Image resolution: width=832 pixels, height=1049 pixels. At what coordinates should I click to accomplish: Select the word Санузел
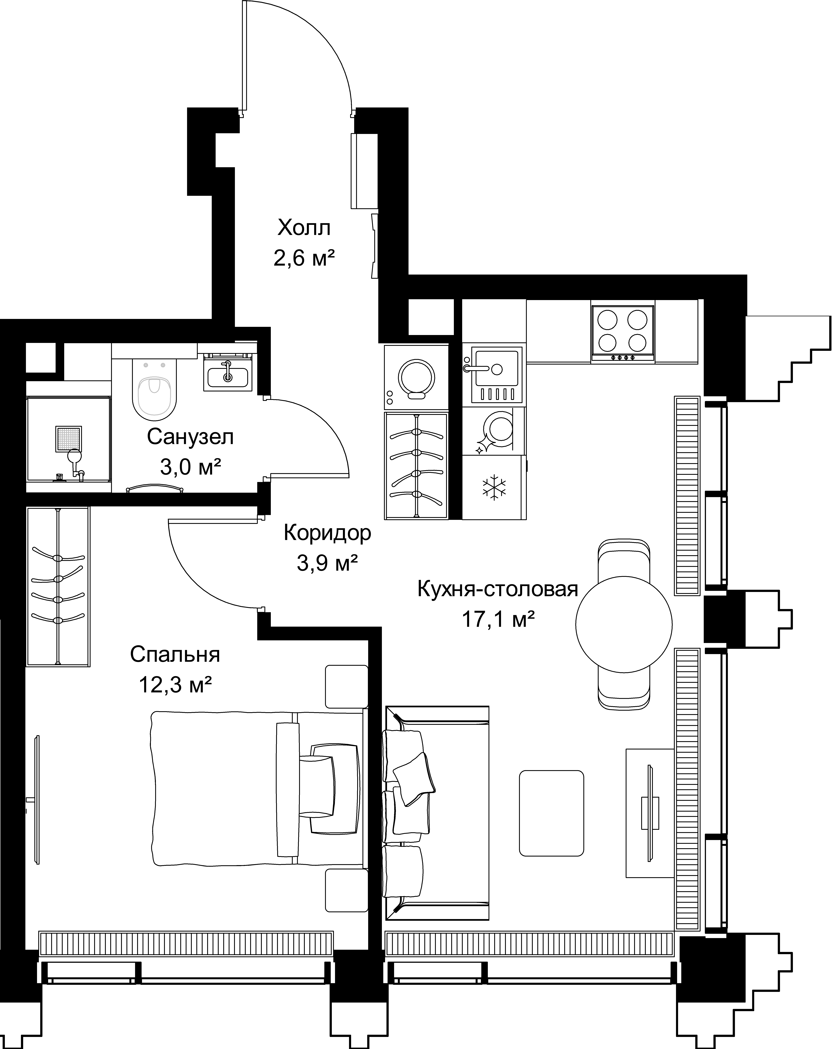[x=190, y=437]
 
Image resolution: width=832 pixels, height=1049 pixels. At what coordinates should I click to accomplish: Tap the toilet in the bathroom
[x=155, y=389]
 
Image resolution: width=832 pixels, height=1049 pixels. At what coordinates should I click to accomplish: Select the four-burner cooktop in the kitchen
[x=623, y=334]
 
